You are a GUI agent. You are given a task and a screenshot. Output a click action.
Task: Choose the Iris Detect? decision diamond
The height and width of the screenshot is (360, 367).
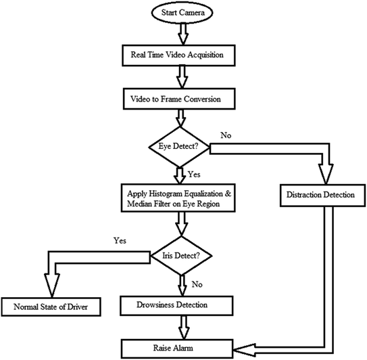click(x=180, y=255)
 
